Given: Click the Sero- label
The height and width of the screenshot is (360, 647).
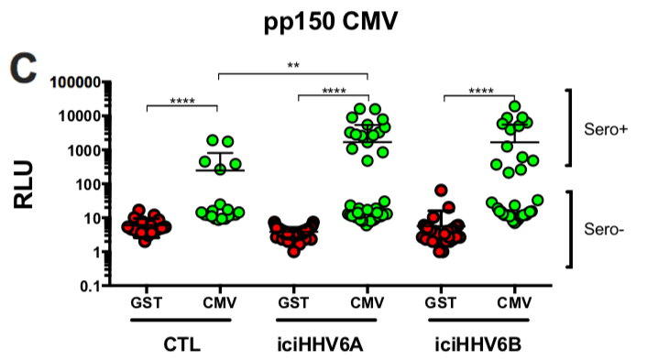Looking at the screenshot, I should (604, 229).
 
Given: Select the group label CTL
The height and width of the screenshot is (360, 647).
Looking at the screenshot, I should (181, 346).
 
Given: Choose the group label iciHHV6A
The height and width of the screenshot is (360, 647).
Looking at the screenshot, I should (329, 346).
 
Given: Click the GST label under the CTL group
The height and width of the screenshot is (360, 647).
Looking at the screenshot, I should (146, 301).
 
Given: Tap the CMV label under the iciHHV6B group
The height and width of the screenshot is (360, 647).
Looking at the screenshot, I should (514, 301).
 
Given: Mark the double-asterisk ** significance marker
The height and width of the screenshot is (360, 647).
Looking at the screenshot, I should (293, 66).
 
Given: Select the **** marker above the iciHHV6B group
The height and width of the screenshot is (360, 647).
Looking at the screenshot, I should (479, 91).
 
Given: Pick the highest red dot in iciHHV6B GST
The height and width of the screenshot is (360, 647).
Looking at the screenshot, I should (442, 191).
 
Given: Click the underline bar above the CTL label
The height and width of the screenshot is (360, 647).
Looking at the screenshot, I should (181, 321).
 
